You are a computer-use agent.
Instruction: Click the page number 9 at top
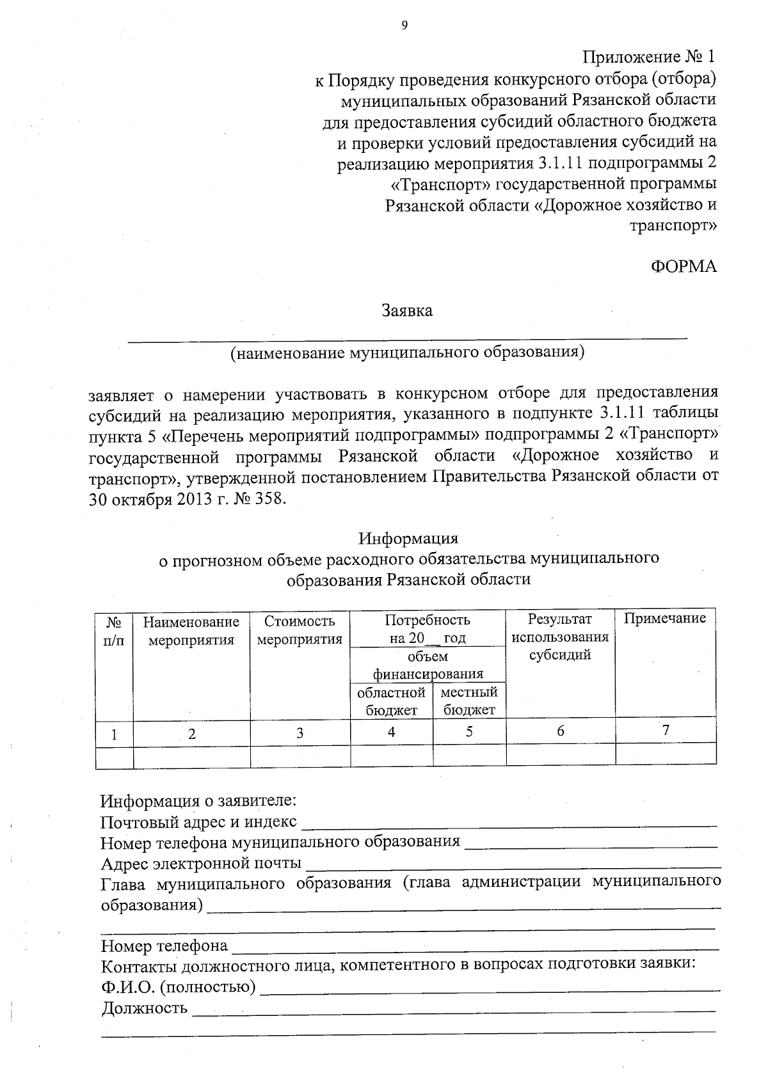point(403,25)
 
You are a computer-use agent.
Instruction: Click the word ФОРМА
point(684,267)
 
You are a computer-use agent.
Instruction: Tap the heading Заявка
point(407,311)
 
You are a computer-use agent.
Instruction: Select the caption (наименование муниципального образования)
point(408,352)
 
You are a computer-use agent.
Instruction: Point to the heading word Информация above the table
point(408,538)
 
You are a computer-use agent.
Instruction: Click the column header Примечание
point(665,619)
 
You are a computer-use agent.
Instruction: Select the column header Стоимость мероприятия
point(300,630)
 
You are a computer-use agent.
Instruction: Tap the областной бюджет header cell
point(391,701)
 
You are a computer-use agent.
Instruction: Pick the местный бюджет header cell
point(469,701)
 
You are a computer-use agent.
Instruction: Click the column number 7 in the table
point(666,730)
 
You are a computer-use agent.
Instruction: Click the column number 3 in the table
point(300,733)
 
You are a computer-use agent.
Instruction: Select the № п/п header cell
point(114,630)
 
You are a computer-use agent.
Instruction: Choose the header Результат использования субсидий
point(560,637)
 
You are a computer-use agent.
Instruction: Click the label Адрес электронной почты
point(202,864)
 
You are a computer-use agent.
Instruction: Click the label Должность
point(145,1009)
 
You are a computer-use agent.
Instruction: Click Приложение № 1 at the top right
point(648,56)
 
